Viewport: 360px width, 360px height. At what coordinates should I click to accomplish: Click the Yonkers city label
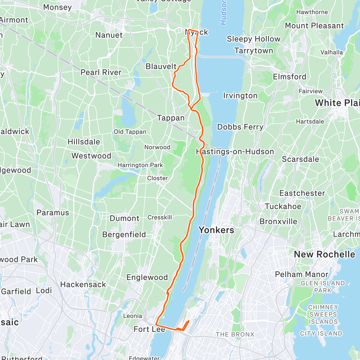click(x=216, y=230)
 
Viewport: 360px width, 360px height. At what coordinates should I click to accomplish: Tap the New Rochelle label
click(x=324, y=254)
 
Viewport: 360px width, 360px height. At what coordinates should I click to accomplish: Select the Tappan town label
click(x=171, y=118)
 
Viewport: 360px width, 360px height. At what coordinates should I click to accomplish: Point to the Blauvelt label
click(x=161, y=66)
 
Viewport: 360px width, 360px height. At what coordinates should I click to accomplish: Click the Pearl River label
click(x=101, y=72)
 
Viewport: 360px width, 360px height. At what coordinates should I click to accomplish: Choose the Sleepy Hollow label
click(x=253, y=39)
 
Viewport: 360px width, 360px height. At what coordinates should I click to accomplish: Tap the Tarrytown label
click(x=254, y=51)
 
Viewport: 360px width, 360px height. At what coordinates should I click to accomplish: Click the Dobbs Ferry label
click(x=240, y=127)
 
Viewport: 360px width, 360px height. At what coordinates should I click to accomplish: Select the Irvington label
click(x=240, y=96)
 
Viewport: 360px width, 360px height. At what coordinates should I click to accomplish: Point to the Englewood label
click(x=147, y=277)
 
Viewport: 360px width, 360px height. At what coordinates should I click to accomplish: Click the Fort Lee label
click(x=149, y=329)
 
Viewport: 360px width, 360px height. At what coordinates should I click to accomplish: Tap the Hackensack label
click(x=83, y=284)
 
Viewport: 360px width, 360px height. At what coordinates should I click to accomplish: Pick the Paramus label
click(x=53, y=213)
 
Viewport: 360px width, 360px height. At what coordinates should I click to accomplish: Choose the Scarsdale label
click(x=300, y=159)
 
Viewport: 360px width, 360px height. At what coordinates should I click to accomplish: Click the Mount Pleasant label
click(x=314, y=26)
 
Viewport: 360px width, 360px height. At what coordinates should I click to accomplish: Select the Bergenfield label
click(x=124, y=234)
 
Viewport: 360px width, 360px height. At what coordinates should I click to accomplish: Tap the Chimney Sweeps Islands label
click(x=323, y=314)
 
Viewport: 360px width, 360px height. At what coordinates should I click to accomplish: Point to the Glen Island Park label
click(x=323, y=286)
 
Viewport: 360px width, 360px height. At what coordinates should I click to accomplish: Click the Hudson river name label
click(x=223, y=12)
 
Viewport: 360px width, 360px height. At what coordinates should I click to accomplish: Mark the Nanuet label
click(x=109, y=35)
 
